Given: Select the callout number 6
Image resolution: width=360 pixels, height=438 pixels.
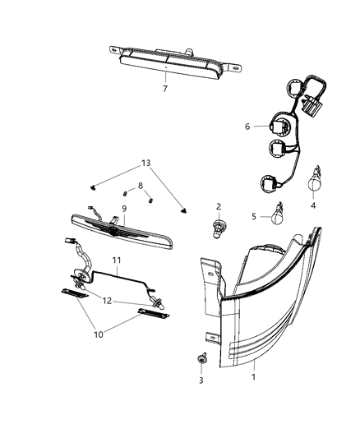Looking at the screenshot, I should coord(247,127).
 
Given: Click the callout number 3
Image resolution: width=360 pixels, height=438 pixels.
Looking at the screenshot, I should coord(200,382).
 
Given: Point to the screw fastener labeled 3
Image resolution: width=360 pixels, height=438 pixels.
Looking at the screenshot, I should coord(201,361).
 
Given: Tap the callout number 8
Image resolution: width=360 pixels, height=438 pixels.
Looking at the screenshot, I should coord(141,186).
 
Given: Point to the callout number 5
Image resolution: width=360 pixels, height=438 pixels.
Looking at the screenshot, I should coord(253,216).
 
